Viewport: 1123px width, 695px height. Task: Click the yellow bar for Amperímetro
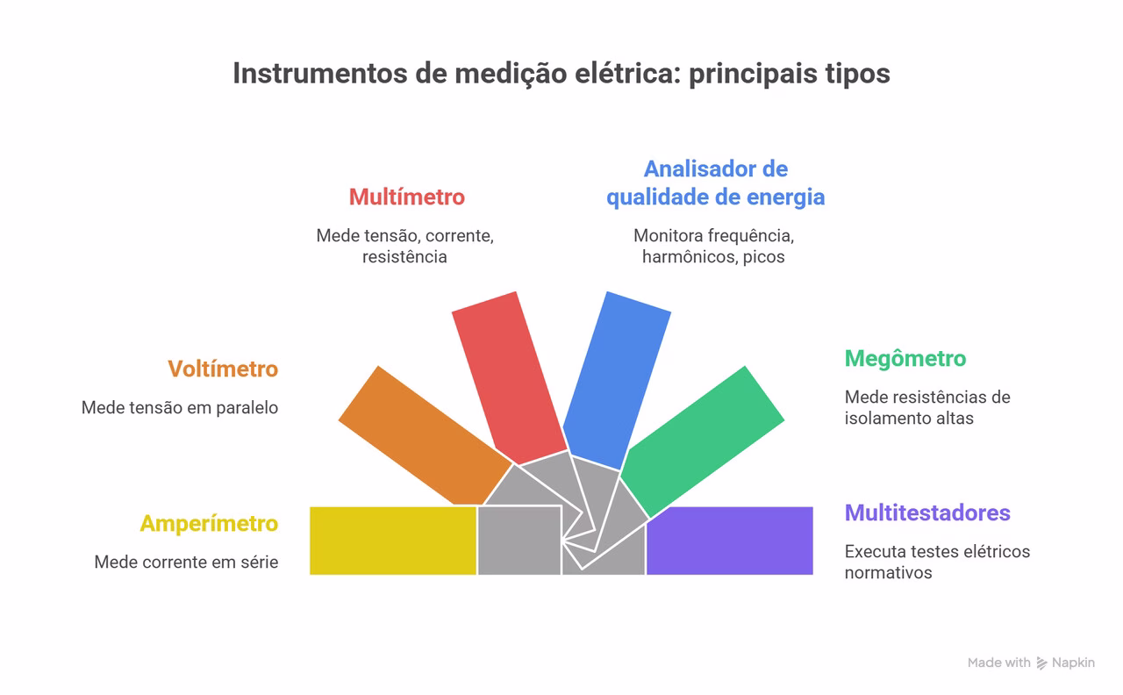(x=393, y=541)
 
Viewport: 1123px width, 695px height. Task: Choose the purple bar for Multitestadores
(x=729, y=541)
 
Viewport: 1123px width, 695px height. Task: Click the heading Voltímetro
(x=223, y=369)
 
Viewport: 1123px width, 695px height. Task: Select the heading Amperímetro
(x=209, y=523)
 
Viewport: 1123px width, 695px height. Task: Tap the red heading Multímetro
(x=407, y=197)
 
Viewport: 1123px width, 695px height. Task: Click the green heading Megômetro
(x=905, y=358)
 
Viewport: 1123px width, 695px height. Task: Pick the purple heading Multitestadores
(x=927, y=512)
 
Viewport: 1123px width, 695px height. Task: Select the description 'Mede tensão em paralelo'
(x=180, y=407)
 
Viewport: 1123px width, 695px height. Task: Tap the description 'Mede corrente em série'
(x=186, y=562)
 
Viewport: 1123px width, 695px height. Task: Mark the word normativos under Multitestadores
(x=888, y=573)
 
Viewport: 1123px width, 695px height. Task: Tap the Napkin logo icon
(x=1042, y=663)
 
